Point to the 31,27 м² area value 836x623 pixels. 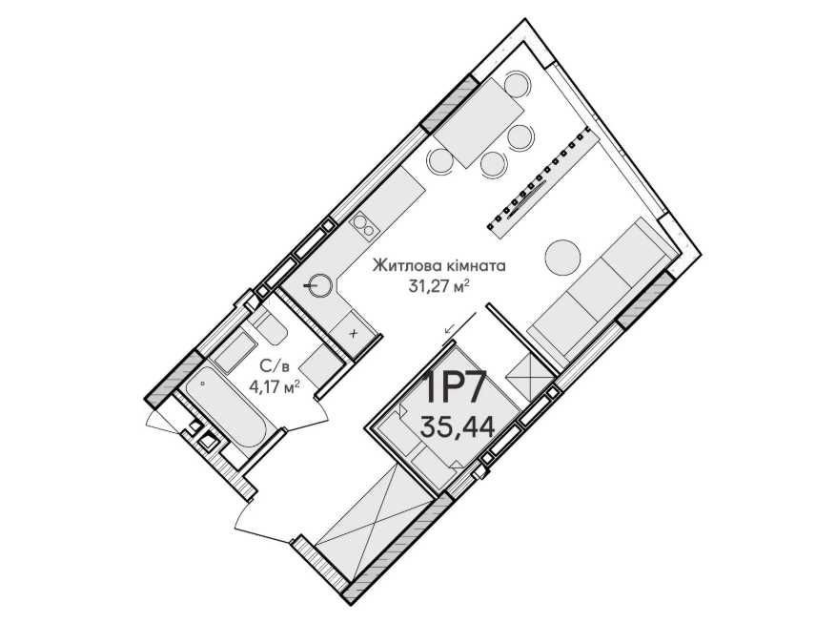coord(438,286)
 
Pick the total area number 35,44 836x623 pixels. coord(458,426)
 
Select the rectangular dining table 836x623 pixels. coord(479,124)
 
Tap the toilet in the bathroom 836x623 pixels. coord(269,328)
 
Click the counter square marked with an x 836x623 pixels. coord(354,333)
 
